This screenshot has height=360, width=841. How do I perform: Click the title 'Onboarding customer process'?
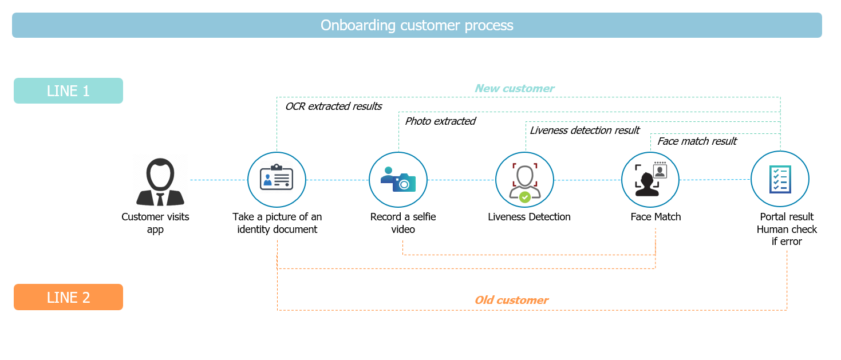point(417,26)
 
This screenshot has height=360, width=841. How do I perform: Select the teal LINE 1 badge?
point(68,91)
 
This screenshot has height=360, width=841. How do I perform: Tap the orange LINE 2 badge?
point(68,297)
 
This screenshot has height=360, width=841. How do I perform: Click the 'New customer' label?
point(514,89)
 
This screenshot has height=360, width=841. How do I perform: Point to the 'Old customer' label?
point(511,300)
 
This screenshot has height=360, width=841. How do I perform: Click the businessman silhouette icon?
point(160,181)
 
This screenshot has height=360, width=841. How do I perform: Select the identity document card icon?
point(277,177)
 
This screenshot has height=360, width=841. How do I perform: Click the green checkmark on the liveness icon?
point(525,197)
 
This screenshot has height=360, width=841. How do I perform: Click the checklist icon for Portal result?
point(780,180)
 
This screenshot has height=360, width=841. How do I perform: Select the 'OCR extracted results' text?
point(333,106)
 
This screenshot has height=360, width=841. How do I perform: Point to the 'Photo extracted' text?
point(440,121)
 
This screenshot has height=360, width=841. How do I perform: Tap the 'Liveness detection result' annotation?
point(585,130)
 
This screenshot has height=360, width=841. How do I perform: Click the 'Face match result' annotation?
point(697,141)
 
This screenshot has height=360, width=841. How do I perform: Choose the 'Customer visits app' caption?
point(155,223)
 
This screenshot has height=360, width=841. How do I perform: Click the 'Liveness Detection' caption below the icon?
point(529,217)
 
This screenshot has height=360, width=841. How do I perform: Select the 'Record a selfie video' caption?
point(403,223)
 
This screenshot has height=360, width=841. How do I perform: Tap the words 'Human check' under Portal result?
point(787,230)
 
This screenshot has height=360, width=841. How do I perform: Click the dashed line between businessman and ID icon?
point(219,180)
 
